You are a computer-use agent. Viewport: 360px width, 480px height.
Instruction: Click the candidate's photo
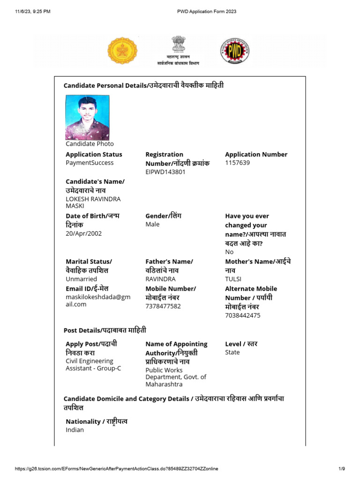click(88, 117)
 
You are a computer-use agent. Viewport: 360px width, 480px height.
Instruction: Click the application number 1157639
click(237, 163)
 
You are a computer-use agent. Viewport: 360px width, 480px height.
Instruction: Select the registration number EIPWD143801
click(165, 172)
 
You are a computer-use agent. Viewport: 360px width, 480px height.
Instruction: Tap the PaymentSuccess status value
click(90, 163)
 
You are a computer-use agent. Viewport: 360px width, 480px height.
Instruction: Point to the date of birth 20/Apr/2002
click(83, 233)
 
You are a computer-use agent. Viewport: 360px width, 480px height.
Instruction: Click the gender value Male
click(152, 224)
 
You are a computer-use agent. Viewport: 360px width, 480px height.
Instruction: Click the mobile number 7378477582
click(163, 306)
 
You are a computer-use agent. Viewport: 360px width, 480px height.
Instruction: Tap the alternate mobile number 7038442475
click(243, 315)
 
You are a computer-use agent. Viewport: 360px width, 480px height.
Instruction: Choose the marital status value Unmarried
click(82, 279)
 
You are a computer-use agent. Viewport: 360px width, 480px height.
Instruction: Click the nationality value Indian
click(75, 429)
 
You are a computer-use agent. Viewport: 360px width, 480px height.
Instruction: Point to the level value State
click(232, 352)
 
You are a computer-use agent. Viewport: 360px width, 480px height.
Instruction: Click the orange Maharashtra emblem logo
click(123, 51)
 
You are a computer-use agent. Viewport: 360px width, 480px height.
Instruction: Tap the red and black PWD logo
click(234, 51)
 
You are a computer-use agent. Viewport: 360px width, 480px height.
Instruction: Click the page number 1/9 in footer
click(342, 469)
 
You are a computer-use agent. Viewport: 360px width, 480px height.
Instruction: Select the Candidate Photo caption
click(90, 144)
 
